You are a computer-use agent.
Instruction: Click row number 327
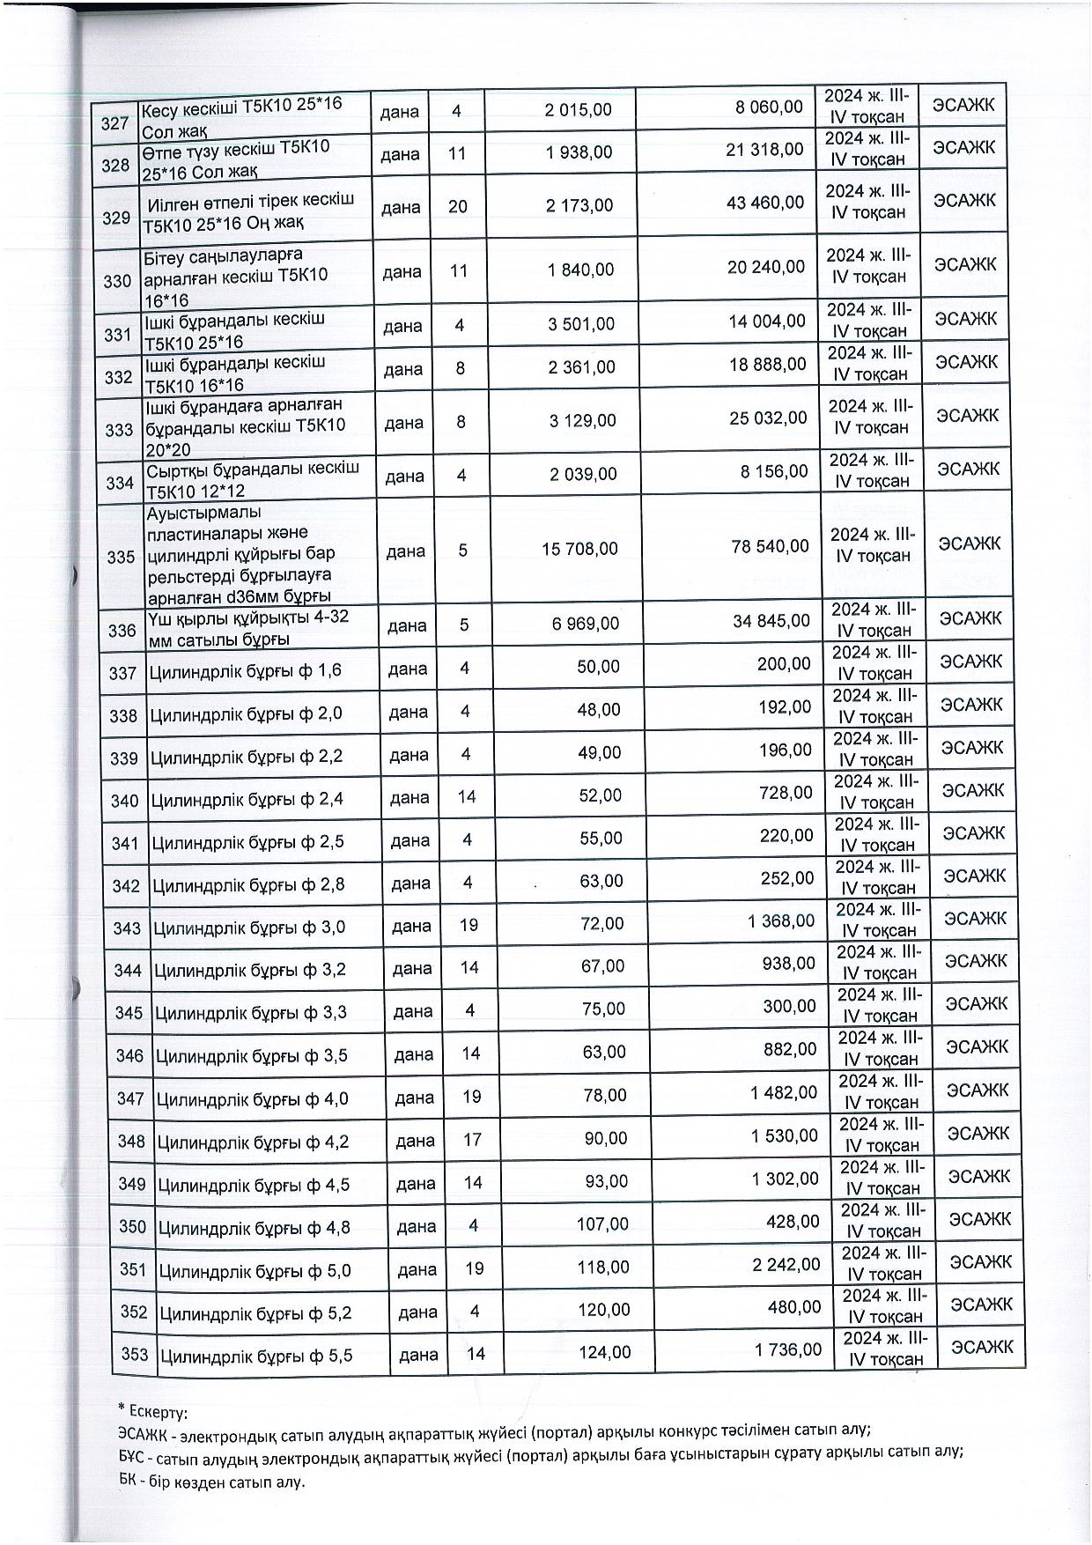tap(114, 123)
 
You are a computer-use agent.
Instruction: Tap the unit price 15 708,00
tap(579, 549)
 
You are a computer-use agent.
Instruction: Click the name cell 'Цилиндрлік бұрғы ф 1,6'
tap(246, 672)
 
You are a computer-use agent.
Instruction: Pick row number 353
tap(135, 1355)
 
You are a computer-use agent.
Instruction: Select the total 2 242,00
tap(786, 1265)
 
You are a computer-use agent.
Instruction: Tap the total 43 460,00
tap(765, 203)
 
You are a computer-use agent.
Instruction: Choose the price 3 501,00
tap(581, 323)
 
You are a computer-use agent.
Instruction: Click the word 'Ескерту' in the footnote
tap(158, 1413)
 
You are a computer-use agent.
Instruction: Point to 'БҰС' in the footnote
tap(132, 1453)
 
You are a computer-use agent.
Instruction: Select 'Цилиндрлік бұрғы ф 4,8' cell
tap(255, 1227)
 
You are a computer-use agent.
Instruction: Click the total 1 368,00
tap(782, 921)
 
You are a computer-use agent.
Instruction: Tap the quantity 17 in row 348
tap(472, 1140)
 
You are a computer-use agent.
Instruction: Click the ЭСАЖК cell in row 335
tap(970, 543)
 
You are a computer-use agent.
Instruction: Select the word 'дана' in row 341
tap(410, 841)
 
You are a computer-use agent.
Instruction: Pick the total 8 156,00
tap(774, 471)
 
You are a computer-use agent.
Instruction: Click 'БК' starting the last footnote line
tap(127, 1482)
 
